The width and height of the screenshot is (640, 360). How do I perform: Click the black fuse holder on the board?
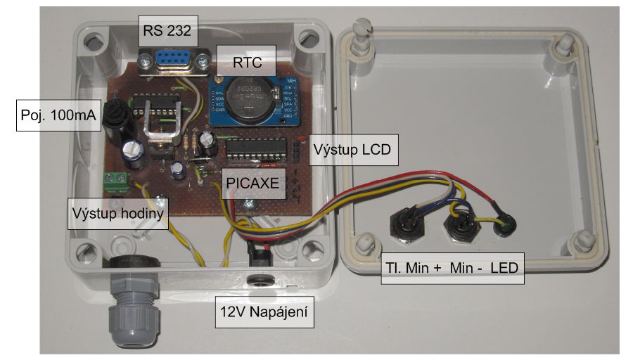[115, 119]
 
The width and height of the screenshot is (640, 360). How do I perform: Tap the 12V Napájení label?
[264, 309]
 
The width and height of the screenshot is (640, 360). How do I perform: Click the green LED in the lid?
[501, 228]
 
